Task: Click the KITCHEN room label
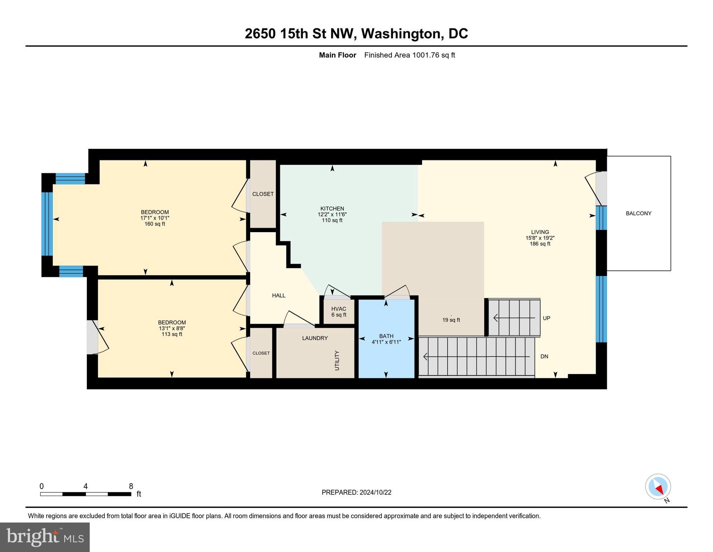(x=332, y=208)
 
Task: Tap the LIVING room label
(x=540, y=232)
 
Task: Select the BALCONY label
(x=638, y=213)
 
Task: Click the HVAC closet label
(x=338, y=309)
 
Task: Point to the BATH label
(x=386, y=336)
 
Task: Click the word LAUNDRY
(x=315, y=338)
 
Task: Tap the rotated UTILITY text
(x=337, y=360)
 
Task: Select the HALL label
(x=278, y=295)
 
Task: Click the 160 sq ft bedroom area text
(x=155, y=224)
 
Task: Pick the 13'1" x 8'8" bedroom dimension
(x=172, y=328)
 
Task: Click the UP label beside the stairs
(x=546, y=318)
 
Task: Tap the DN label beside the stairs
(x=544, y=356)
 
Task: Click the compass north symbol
(x=658, y=487)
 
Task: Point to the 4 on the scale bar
(x=85, y=486)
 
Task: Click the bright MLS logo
(x=45, y=537)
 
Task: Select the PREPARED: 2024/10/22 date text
(x=356, y=492)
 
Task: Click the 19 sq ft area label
(x=451, y=320)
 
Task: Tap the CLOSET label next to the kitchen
(x=263, y=194)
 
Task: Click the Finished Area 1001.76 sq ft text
(x=409, y=55)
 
